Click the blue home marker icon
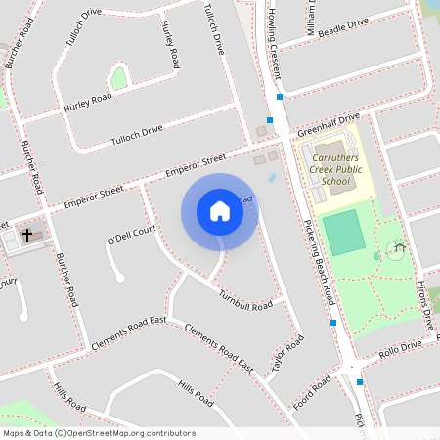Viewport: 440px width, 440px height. click(219, 211)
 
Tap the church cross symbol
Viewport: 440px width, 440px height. click(27, 236)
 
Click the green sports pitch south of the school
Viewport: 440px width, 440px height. click(343, 233)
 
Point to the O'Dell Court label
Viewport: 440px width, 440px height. click(132, 235)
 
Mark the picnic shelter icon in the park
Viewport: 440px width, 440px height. click(396, 251)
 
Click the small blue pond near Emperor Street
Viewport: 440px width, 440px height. click(271, 178)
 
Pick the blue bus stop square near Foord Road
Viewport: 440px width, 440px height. click(360, 382)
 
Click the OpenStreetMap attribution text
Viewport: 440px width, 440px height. click(98, 433)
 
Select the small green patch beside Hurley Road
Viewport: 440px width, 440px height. click(119, 78)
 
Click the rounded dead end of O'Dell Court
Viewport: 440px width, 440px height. click(120, 278)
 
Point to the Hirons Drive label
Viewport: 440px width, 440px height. click(425, 297)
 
